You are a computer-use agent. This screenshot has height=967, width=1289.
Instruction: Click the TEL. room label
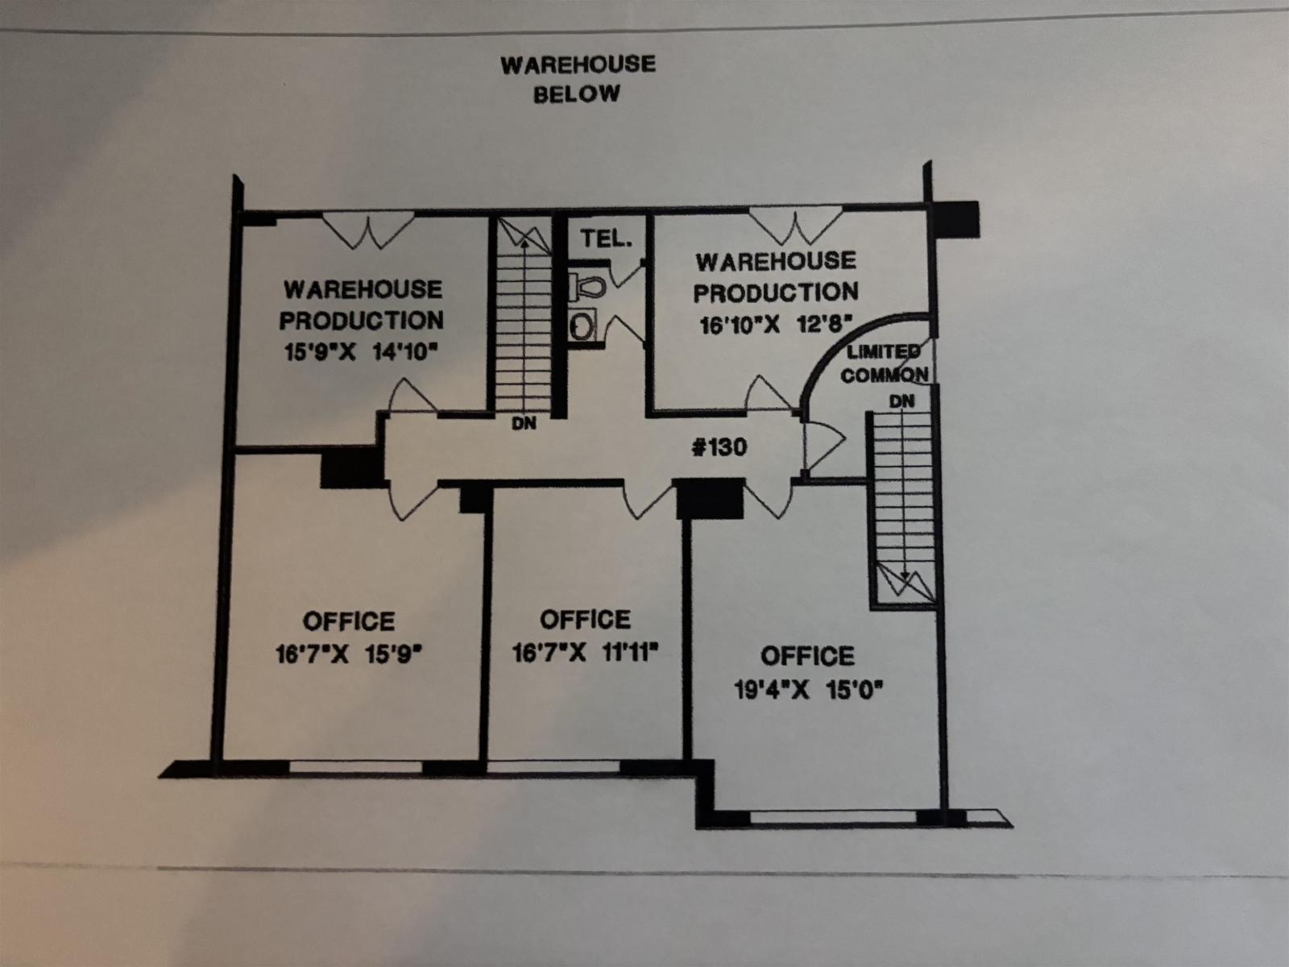coord(607,239)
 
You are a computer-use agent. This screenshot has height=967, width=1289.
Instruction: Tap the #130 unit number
coord(719,447)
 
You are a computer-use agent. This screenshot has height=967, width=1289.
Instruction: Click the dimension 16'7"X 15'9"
coord(349,654)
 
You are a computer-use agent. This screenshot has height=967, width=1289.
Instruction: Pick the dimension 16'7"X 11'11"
coord(586,652)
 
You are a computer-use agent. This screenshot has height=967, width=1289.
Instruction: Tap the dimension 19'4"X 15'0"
coord(809,689)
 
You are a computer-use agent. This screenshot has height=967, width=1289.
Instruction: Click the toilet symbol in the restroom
coord(587,287)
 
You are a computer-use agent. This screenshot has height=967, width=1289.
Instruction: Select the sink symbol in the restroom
coord(582,326)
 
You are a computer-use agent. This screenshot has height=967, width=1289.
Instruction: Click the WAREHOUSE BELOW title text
coord(578,79)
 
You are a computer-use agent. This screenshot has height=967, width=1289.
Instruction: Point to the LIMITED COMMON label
coord(885,363)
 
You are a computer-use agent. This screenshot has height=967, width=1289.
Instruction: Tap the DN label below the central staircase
coord(524,423)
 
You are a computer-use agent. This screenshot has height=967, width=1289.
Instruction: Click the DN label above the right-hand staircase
coord(901,401)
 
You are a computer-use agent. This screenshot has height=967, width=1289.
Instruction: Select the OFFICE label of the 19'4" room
coord(807,657)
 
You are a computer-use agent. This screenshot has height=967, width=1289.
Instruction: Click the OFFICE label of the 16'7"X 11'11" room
coord(585,620)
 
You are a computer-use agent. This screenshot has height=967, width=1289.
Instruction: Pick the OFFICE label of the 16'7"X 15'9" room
coord(349,621)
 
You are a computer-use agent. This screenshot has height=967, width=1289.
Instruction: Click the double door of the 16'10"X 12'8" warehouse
coord(796,226)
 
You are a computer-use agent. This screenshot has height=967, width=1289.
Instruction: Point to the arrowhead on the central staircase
coord(524,243)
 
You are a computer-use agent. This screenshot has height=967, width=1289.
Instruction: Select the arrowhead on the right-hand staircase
coord(905,575)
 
